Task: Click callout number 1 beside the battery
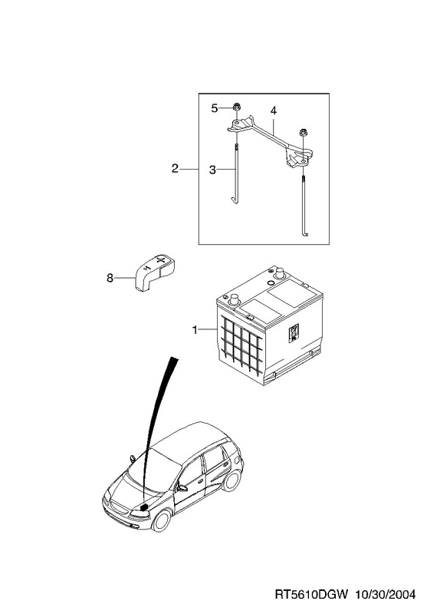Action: pos(195,330)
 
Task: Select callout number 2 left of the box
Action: pos(175,168)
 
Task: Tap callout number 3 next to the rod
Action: pos(212,170)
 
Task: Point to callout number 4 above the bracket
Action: pos(274,111)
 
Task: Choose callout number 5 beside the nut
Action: pos(215,108)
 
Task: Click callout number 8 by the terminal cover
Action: pos(110,278)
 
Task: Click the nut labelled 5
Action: pos(236,107)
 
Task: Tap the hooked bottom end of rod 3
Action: pos(234,201)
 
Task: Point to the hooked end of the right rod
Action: pos(305,234)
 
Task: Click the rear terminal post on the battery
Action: pos(279,272)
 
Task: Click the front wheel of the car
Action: pos(161,520)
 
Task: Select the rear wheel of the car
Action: pos(232,480)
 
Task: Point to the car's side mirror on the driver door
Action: pos(182,488)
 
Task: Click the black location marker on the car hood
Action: pos(144,507)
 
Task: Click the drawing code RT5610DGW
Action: pos(311,594)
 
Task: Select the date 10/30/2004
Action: pos(385,594)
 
